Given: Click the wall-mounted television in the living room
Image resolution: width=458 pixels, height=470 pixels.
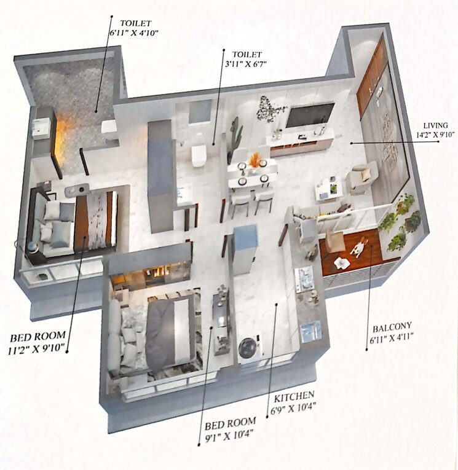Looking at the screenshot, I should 310,115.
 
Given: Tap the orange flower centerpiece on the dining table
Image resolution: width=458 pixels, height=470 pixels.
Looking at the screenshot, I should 255,160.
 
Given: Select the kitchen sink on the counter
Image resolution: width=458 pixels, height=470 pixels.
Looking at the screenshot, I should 311,331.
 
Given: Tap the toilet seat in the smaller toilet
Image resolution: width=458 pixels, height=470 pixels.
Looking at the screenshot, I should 198,155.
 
